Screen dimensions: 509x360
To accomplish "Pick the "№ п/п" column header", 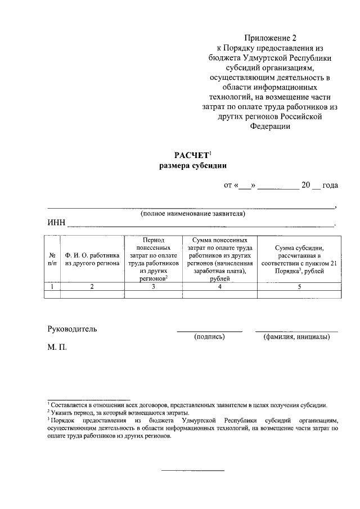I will [x=52, y=258].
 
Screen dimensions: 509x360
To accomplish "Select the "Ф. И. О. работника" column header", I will [x=92, y=258].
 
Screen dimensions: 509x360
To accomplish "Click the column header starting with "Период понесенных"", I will [x=154, y=259].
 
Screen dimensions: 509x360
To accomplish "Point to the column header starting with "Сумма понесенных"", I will [x=219, y=259].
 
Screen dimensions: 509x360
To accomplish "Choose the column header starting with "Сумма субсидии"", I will [x=299, y=259].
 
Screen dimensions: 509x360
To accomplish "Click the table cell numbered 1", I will [x=52, y=286].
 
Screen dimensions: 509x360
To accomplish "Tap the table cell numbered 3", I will [x=154, y=286].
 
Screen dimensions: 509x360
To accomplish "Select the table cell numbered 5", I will [x=299, y=286].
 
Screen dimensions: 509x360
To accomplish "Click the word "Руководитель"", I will [x=72, y=329].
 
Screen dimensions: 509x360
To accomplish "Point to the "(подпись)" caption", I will [x=209, y=337].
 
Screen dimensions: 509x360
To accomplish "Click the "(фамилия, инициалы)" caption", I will [x=296, y=337].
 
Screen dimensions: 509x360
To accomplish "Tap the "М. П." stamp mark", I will [x=57, y=348].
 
